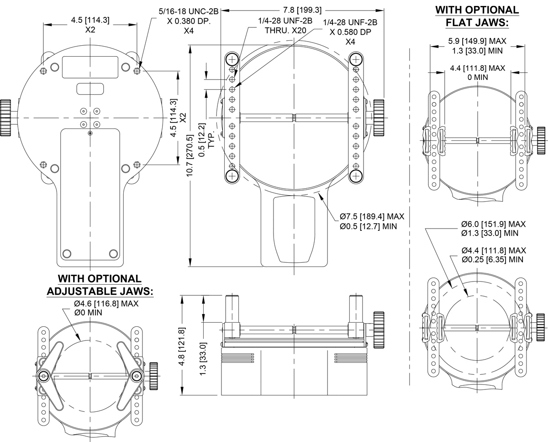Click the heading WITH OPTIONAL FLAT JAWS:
(x=477, y=16)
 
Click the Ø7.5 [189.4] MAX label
(x=372, y=217)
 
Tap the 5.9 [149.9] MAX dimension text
(x=478, y=41)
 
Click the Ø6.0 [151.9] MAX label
(x=493, y=224)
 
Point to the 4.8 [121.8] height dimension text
(x=182, y=345)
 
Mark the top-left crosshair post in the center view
(x=232, y=59)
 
